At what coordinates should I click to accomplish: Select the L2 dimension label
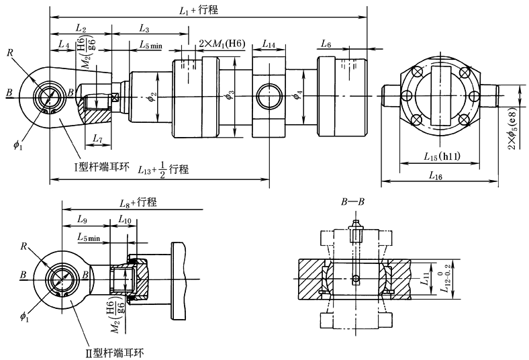click(x=81, y=28)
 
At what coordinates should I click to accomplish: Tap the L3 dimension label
click(x=144, y=28)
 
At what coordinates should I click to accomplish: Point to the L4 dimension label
click(x=63, y=44)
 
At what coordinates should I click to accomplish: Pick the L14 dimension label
click(x=268, y=44)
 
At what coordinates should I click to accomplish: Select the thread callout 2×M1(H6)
click(x=222, y=44)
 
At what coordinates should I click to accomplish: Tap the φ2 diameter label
click(x=152, y=97)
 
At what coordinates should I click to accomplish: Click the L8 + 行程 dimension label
click(x=138, y=201)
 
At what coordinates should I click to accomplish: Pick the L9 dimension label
click(x=82, y=220)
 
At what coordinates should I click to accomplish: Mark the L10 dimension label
click(x=125, y=220)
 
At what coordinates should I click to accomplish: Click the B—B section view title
click(x=354, y=201)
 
